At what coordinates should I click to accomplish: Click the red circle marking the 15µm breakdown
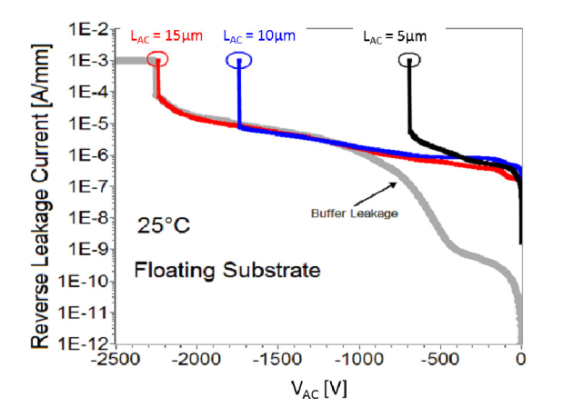point(157,62)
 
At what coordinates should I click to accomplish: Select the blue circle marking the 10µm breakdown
point(238,61)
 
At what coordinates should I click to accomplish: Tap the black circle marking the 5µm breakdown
point(409,61)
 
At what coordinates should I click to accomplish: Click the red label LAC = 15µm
point(167,37)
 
